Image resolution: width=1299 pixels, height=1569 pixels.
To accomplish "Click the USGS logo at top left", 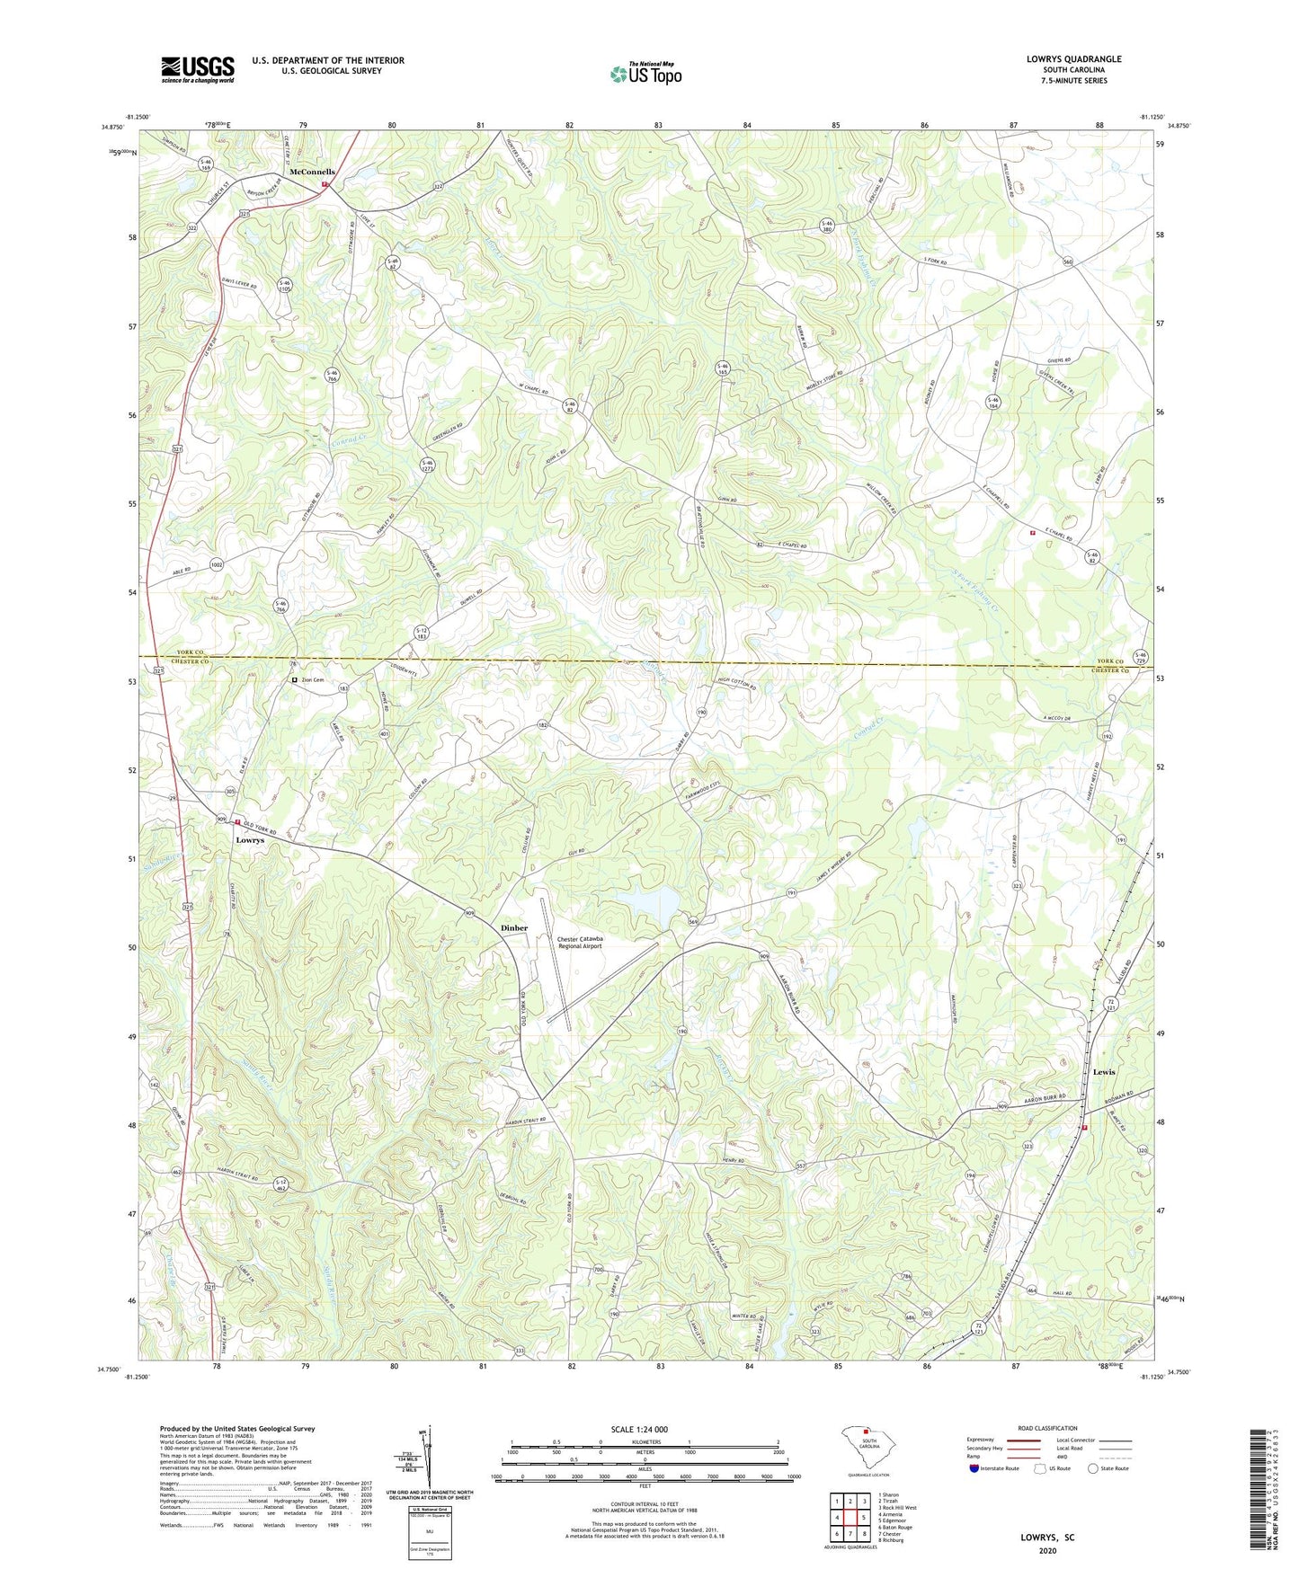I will point(197,69).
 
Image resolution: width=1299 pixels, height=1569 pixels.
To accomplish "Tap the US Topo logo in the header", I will point(645,74).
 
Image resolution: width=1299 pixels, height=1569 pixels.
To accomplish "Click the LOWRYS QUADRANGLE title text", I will point(1073,59).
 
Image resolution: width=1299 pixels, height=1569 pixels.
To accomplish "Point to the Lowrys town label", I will point(250,839).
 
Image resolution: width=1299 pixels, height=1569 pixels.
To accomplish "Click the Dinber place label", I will point(514,927).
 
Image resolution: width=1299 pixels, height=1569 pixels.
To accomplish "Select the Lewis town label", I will point(1104,1072).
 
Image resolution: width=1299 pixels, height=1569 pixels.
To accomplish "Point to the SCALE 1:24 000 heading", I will point(638,1429).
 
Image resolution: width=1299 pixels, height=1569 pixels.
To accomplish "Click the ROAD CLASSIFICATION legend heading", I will point(1047,1428).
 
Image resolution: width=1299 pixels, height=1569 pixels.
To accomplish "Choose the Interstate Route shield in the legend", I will point(975,1468).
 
